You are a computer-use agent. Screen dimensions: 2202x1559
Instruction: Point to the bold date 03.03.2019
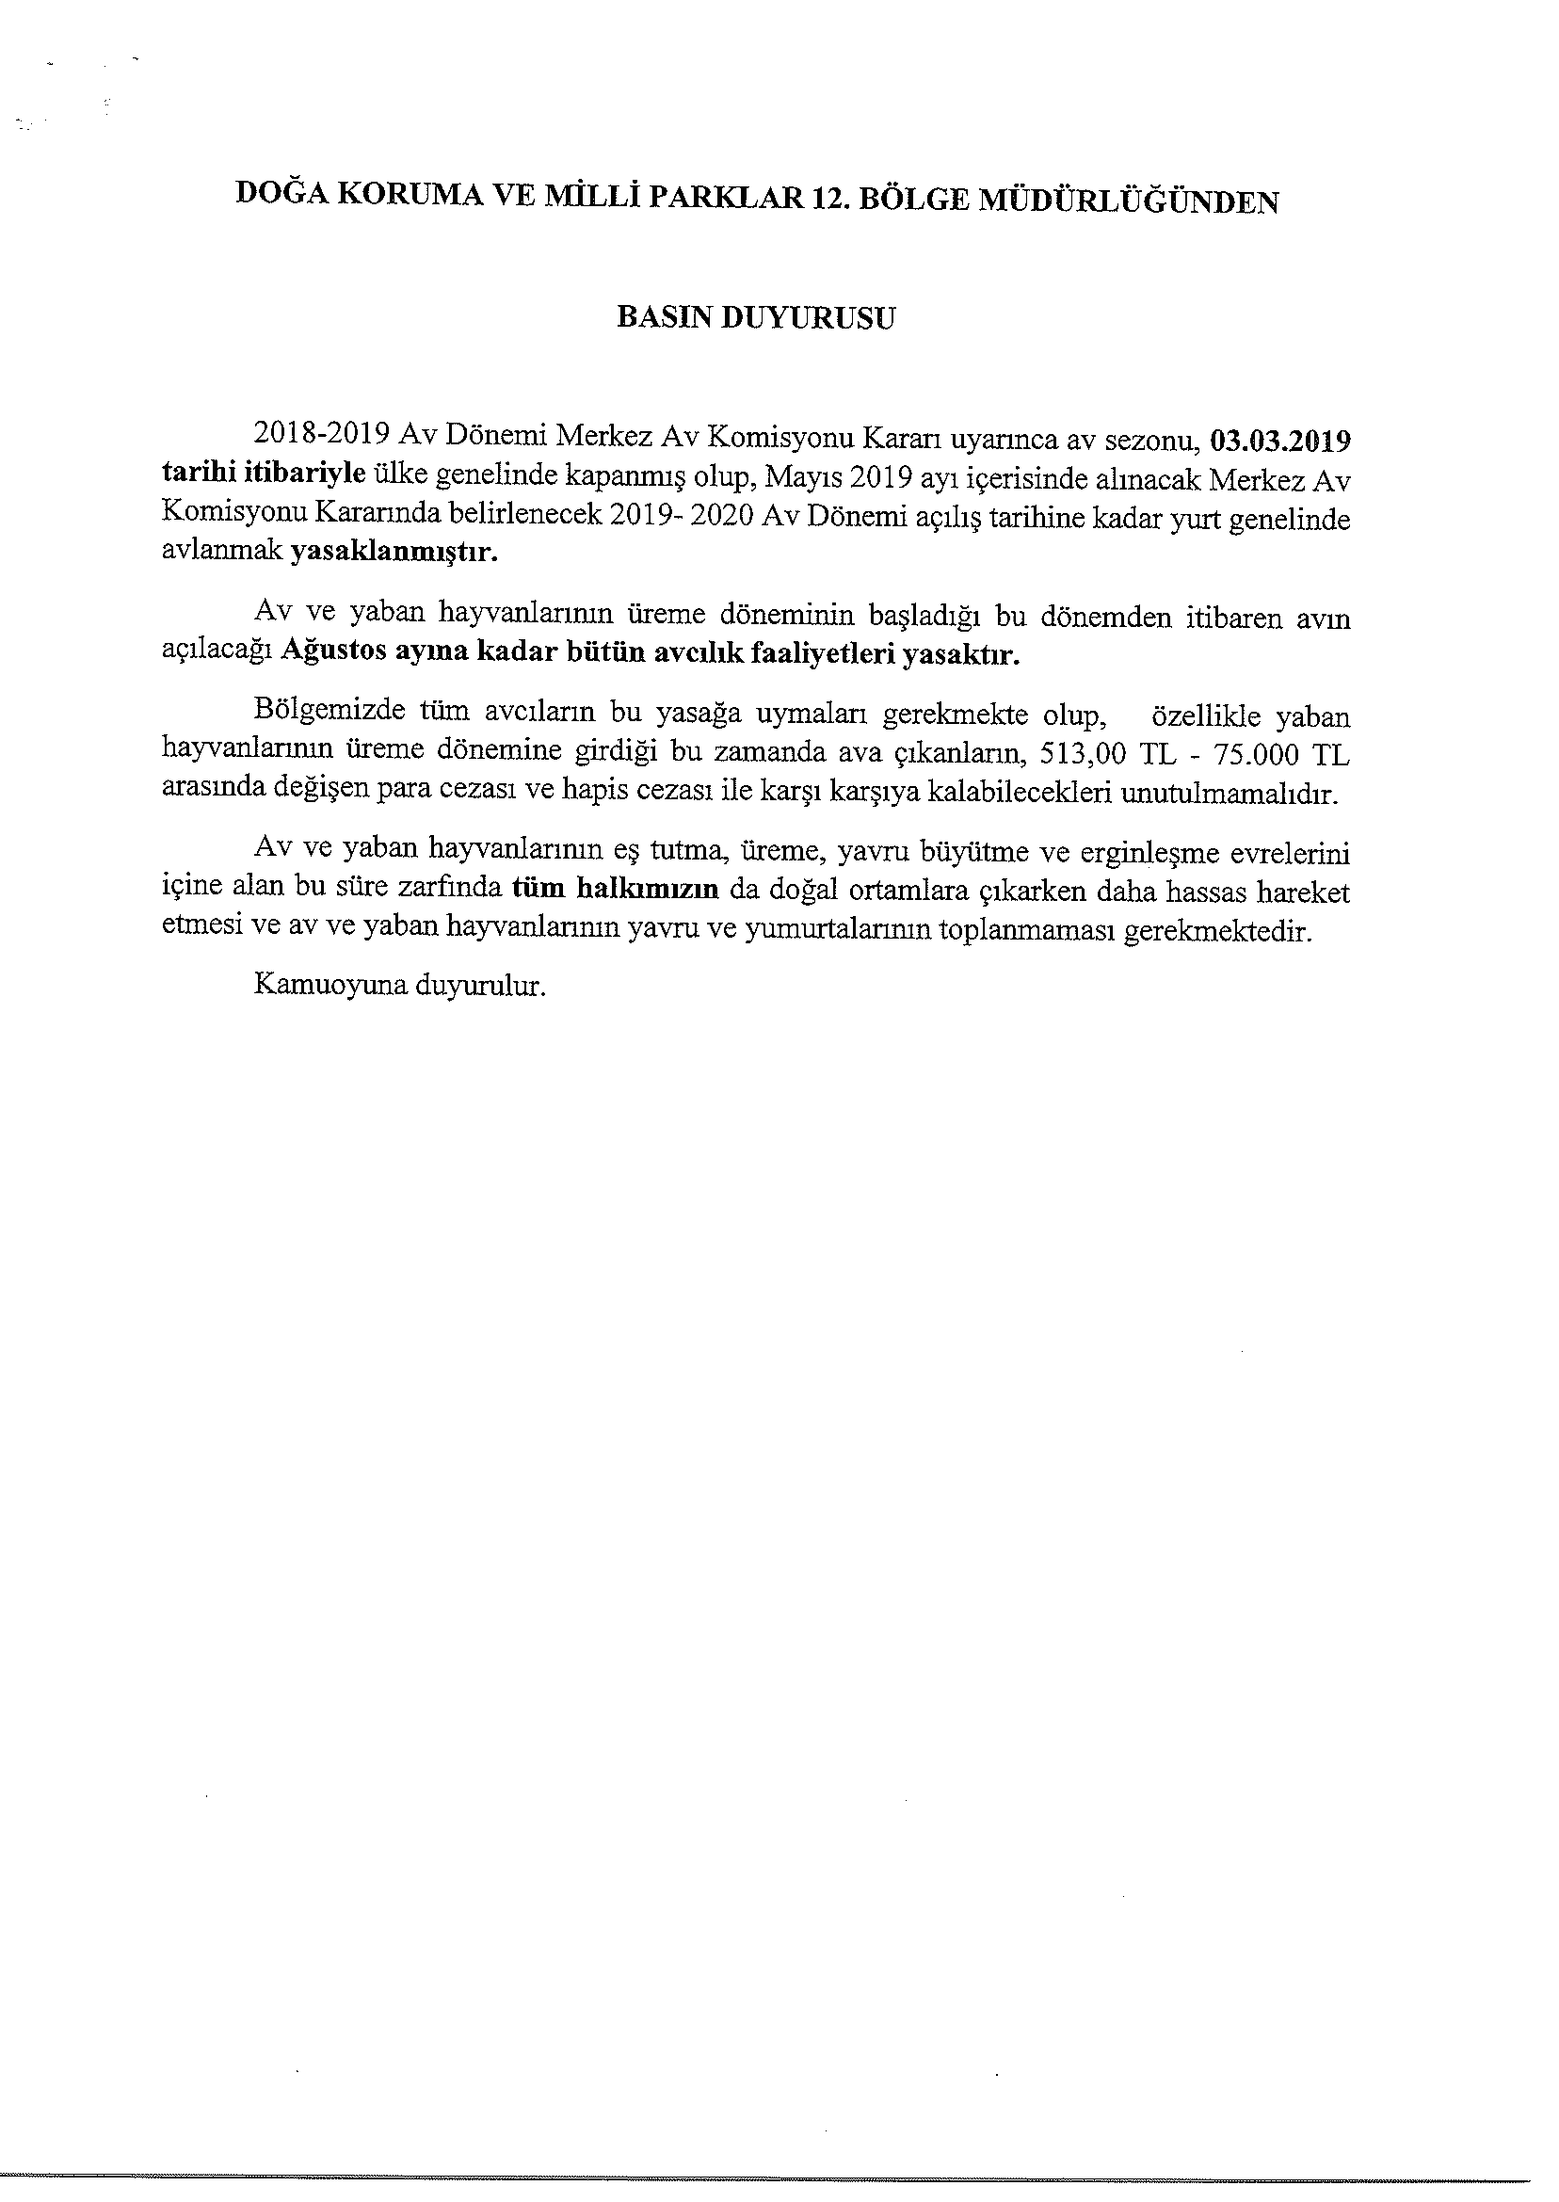tap(1280, 440)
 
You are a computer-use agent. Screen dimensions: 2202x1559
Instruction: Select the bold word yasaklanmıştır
tap(394, 552)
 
